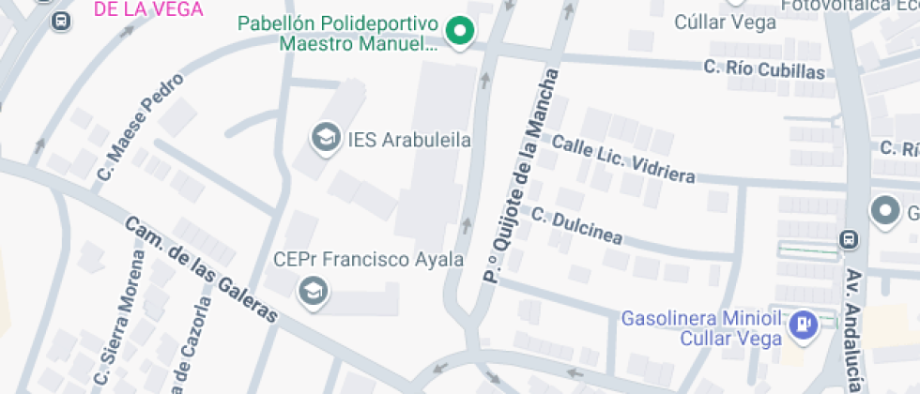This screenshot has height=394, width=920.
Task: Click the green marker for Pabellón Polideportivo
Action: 459,32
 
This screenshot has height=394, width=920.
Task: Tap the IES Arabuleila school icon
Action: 326,139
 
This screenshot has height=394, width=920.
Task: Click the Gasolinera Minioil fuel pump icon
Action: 803,325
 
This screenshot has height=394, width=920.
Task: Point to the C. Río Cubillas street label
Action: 764,69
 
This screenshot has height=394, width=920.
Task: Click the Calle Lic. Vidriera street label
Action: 623,159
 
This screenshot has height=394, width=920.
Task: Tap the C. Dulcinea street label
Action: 576,226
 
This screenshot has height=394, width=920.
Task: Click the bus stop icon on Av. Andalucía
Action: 849,239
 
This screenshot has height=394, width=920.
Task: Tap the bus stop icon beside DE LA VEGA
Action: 62,21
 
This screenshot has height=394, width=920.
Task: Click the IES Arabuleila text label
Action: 408,140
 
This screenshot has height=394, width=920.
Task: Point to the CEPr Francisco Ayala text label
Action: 368,259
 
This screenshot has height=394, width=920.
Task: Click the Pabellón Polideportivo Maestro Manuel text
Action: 338,33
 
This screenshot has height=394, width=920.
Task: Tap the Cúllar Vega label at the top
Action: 726,22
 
